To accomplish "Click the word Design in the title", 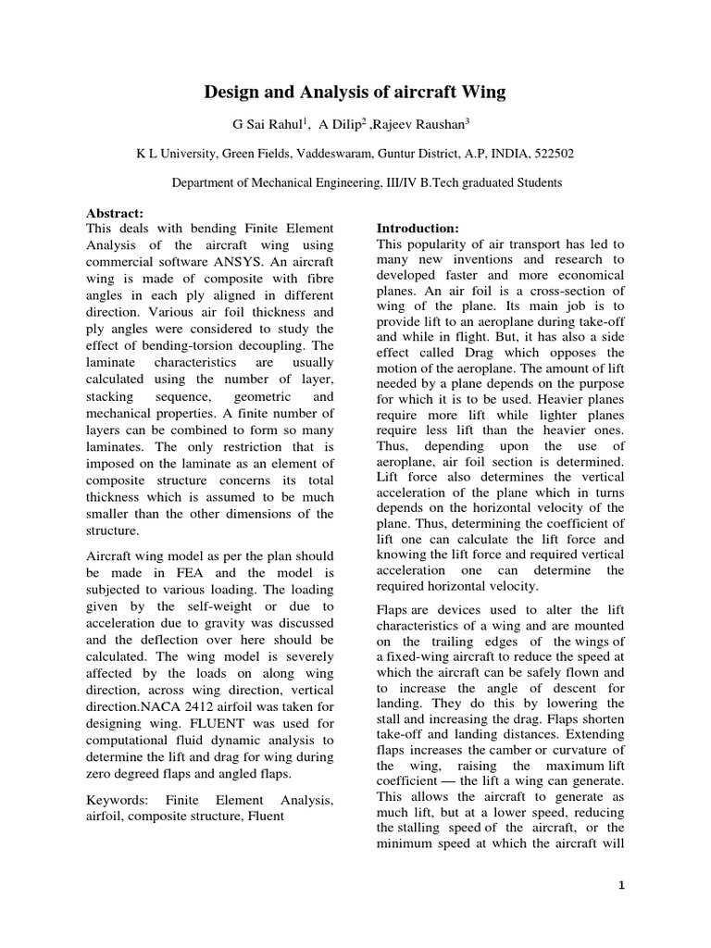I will (235, 92).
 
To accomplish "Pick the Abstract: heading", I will (117, 212).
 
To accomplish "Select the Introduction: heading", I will (418, 227).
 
